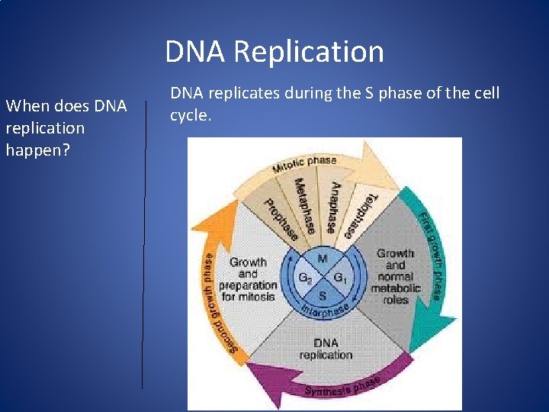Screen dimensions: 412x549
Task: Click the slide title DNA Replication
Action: click(x=274, y=52)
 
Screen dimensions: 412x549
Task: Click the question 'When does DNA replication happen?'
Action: click(x=66, y=128)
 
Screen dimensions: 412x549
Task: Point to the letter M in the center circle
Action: click(x=323, y=259)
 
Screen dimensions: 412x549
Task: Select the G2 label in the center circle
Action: click(x=305, y=278)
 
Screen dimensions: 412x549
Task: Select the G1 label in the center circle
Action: click(x=341, y=278)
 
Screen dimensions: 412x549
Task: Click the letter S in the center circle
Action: click(x=323, y=295)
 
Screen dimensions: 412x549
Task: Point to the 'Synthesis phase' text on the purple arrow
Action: click(x=342, y=386)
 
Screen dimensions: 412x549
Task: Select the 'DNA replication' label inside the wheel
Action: click(x=326, y=349)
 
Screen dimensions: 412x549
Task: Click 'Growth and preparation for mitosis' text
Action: click(x=247, y=279)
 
